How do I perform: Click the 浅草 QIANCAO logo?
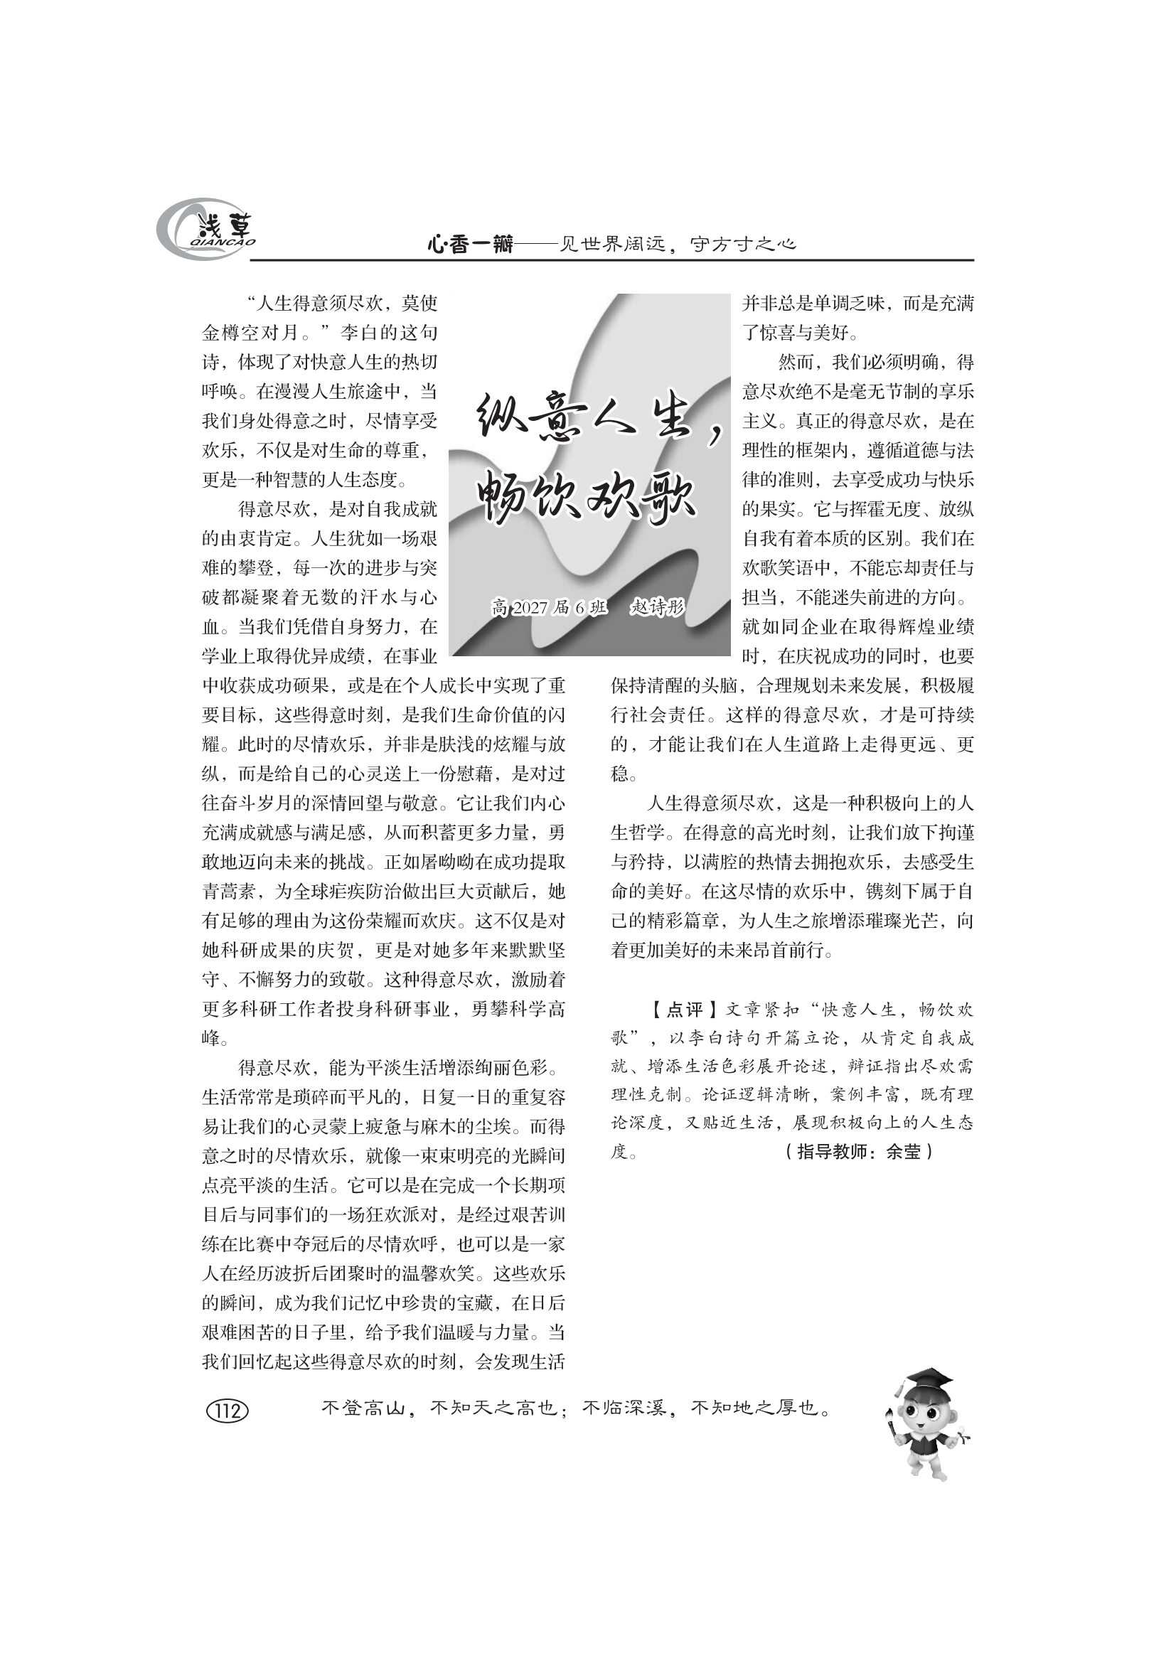click(206, 230)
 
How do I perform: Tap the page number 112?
click(228, 1410)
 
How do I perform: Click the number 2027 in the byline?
click(530, 608)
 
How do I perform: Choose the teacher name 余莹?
click(903, 1151)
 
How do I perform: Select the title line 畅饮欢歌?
click(587, 496)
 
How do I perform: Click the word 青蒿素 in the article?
click(230, 892)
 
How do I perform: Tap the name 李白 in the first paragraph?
click(358, 333)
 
